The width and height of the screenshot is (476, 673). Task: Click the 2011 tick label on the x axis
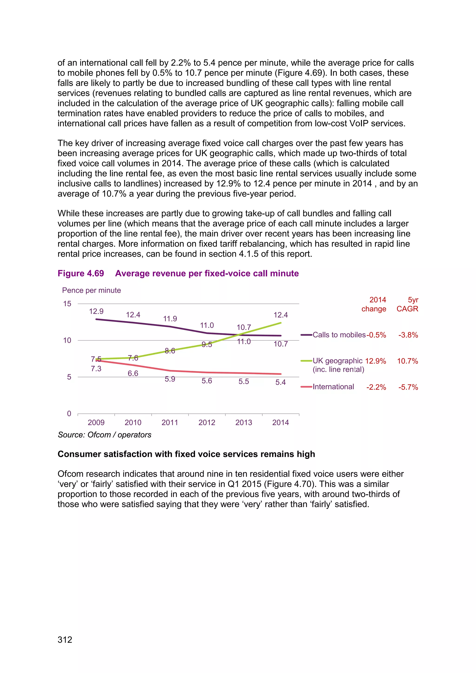[x=170, y=422]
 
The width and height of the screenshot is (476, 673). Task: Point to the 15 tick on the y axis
[x=67, y=304]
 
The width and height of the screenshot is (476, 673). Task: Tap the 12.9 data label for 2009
[x=96, y=311]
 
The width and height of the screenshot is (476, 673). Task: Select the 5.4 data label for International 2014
[x=281, y=382]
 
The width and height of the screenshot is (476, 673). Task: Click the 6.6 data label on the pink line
[x=133, y=373]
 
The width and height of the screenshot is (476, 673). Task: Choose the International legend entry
[x=333, y=387]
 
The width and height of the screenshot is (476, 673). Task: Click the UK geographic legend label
[x=337, y=361]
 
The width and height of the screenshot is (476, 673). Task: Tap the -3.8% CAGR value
[x=408, y=335]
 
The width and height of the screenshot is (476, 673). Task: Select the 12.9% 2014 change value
[x=375, y=361]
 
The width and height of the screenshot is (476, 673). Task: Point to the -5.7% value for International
[x=408, y=387]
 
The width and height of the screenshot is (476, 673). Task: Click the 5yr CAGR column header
[x=407, y=304]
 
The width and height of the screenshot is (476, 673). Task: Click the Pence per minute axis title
[x=91, y=290]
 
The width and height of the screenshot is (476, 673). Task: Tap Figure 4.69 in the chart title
[x=81, y=273]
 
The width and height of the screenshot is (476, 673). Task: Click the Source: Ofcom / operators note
[x=104, y=435]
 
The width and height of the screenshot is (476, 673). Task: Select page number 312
[x=65, y=640]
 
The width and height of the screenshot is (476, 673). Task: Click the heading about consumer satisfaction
[x=186, y=454]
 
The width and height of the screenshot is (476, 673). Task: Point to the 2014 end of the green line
[x=281, y=323]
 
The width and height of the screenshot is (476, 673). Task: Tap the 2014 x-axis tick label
[x=281, y=422]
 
